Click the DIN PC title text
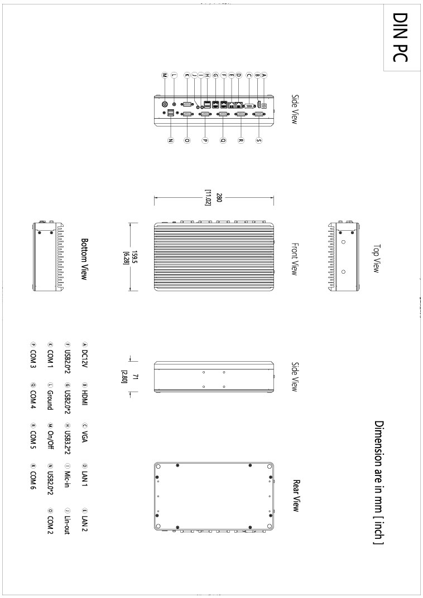[x=400, y=37]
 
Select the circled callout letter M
[x=165, y=75]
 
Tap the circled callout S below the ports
[x=259, y=140]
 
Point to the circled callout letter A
[x=264, y=75]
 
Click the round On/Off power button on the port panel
[x=165, y=104]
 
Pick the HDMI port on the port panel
[x=258, y=105]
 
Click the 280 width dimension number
[x=219, y=197]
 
